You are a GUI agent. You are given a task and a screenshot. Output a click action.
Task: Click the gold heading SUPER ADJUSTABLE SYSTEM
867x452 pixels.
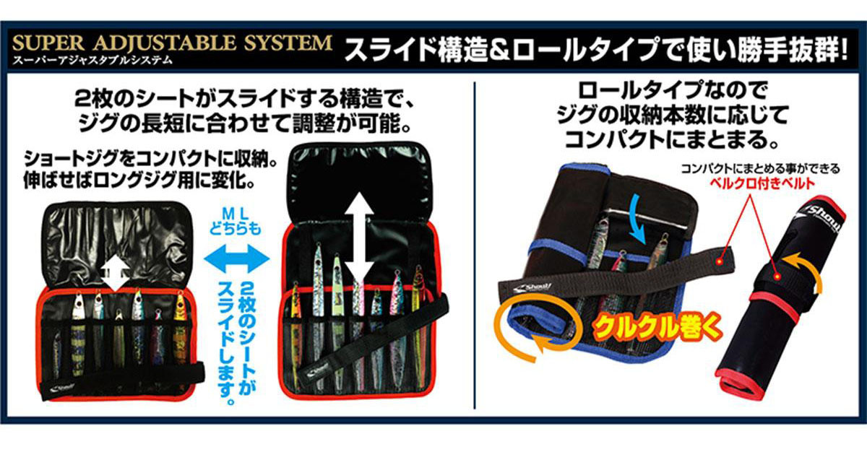coord(172,43)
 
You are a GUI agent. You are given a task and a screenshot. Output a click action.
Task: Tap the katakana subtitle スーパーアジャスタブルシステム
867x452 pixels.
coord(92,61)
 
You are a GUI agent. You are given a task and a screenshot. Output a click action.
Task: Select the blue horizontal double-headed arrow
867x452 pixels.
coord(237,258)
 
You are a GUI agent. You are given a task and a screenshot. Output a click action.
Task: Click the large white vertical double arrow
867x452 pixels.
coord(360,240)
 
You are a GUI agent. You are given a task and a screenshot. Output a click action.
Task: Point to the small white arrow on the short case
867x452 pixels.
coord(116,274)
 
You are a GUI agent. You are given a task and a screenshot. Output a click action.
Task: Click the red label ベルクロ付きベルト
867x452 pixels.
coord(762,183)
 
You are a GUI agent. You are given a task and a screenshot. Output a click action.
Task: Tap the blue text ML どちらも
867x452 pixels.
coord(236,222)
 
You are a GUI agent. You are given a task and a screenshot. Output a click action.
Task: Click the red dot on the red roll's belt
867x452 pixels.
coord(776,277)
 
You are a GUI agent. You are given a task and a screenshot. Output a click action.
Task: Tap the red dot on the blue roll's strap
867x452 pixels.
coord(719,262)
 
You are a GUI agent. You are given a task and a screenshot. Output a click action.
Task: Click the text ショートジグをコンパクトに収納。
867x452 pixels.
coord(151,159)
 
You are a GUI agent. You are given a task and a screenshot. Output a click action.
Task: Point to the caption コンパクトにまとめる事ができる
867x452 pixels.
coord(760,169)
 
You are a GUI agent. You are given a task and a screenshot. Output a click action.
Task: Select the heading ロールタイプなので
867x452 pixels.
coord(673,90)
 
